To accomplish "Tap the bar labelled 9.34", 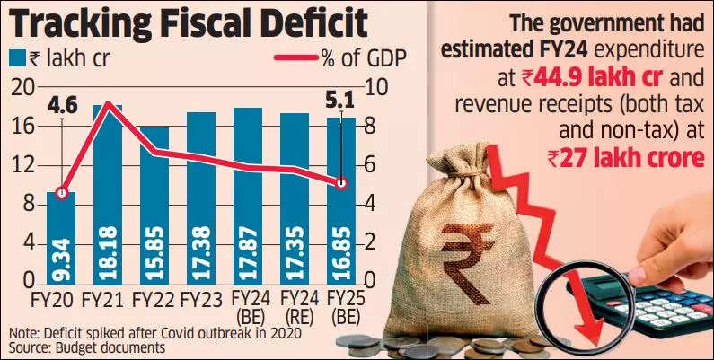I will click(61, 238).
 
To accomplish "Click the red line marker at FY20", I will click(61, 193).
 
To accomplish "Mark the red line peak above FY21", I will click(108, 104).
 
